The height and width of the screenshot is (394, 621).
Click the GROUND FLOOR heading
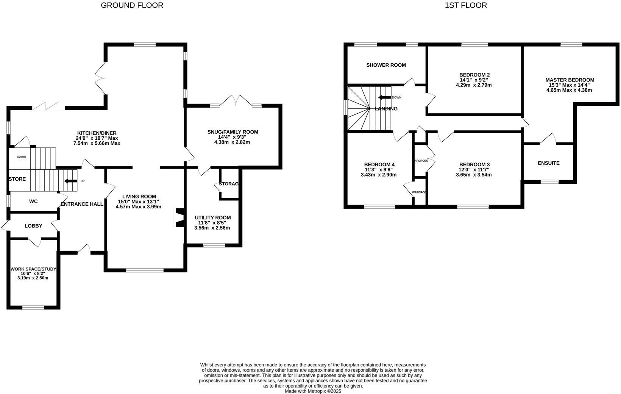click(132, 5)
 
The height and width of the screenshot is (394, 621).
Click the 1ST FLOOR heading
click(466, 5)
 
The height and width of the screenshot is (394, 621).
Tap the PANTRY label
click(21, 157)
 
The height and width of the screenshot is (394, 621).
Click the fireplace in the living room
click(178, 217)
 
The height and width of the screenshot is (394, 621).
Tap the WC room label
click(33, 202)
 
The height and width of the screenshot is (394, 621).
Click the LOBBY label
click(33, 226)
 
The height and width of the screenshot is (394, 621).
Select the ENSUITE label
click(548, 163)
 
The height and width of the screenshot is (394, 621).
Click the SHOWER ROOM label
click(386, 65)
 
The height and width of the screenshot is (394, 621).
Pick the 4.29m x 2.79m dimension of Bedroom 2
click(474, 85)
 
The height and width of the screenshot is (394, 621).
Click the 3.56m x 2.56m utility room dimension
click(212, 228)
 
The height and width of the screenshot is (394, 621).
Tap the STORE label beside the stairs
click(17, 179)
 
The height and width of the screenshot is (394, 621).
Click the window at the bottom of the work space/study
click(33, 307)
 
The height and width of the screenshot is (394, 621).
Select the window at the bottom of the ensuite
click(549, 182)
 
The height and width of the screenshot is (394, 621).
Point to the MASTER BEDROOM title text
click(570, 80)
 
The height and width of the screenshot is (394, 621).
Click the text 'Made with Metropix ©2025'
click(313, 391)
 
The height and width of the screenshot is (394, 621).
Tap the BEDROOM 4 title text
click(379, 164)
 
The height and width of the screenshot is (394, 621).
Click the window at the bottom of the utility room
click(214, 245)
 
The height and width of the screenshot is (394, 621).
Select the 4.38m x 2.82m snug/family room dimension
click(232, 142)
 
